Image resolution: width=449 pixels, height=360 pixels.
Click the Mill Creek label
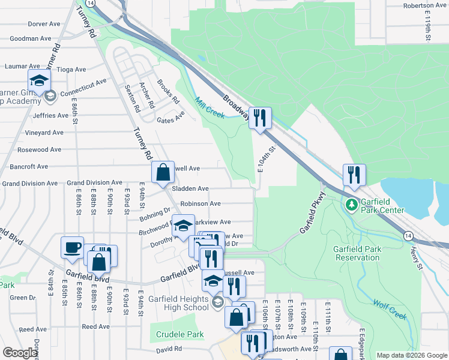coord(209,107)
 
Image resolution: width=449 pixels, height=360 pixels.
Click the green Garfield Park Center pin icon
coord(352,206)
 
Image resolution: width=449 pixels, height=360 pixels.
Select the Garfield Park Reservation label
coord(357,253)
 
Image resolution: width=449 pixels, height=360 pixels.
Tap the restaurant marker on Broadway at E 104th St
coord(260,118)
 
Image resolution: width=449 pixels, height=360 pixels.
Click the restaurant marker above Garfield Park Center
coord(354,175)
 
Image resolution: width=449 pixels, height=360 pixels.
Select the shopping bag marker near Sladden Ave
coord(163,172)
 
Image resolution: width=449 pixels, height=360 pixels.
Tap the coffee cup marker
coord(73,247)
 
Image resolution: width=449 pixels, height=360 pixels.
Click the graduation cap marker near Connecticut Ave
coord(40,80)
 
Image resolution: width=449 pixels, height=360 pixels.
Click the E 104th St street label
coord(268,159)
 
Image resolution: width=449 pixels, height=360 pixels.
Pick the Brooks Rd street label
coord(168,92)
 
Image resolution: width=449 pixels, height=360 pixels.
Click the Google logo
coord(20,353)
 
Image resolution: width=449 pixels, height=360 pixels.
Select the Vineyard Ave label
coord(44,133)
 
